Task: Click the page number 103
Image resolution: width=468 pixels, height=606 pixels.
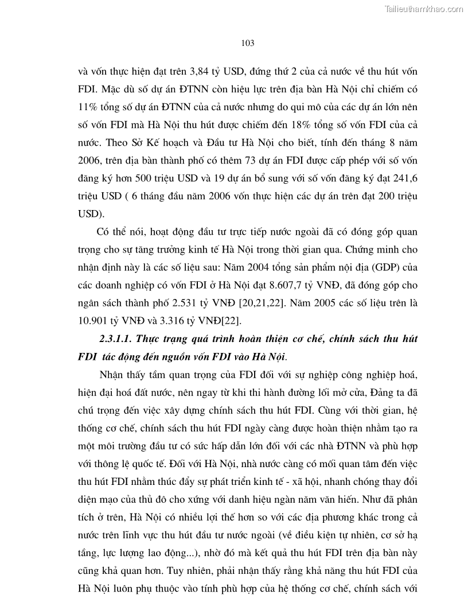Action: (x=248, y=43)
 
